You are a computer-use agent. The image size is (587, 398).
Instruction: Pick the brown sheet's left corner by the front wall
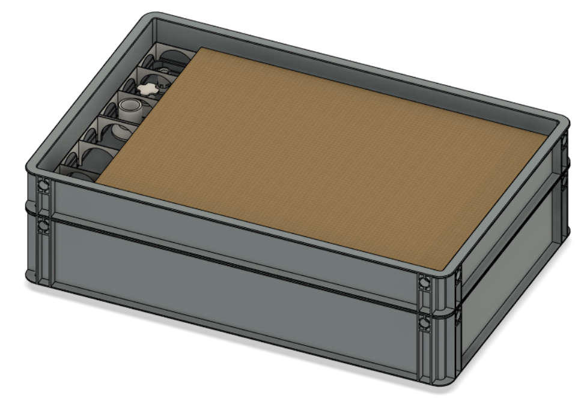pyautogui.click(x=97, y=182)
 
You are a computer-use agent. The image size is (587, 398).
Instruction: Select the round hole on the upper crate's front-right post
pyautogui.click(x=424, y=283)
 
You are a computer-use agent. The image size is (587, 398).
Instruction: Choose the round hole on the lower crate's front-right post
pyautogui.click(x=425, y=325)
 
